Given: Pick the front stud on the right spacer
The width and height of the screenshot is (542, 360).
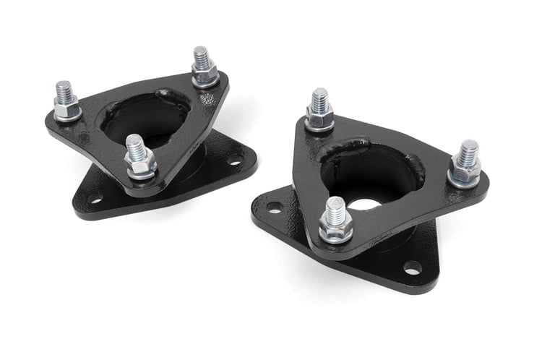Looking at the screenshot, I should tap(335, 220).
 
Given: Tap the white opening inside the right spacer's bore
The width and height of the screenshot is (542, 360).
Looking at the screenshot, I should tap(364, 204).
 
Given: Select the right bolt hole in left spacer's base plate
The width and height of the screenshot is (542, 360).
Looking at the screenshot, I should tap(234, 160).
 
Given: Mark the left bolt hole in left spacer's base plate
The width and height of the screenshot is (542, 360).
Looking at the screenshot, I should tap(95, 197).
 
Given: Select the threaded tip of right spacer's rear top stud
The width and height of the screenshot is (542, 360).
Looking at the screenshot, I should tap(319, 98).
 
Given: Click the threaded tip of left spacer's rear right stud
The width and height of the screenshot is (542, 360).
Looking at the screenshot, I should tap(202, 55).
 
